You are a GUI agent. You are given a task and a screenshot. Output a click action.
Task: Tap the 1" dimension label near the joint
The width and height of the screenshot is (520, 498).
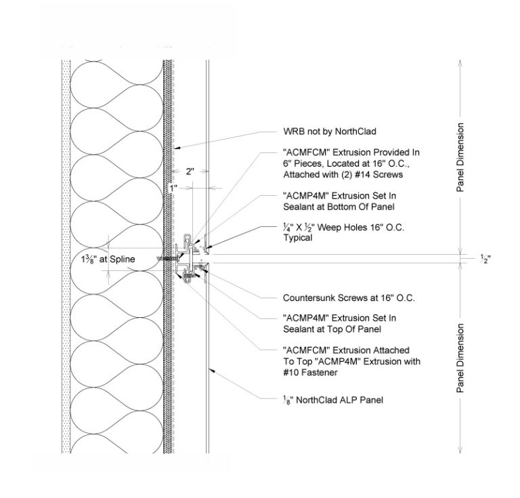tap(173, 188)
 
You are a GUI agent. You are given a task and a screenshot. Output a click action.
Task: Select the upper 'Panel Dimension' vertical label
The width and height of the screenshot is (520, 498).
tap(460, 157)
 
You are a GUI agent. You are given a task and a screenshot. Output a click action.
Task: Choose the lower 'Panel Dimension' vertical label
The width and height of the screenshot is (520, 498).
tap(460, 358)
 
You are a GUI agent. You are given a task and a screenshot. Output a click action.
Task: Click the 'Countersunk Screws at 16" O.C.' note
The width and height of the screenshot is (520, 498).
tap(349, 298)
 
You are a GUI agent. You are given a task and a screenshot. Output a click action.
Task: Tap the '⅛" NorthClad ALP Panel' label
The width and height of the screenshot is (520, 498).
tap(332, 400)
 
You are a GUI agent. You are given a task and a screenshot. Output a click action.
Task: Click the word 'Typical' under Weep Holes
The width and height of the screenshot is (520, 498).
tap(297, 238)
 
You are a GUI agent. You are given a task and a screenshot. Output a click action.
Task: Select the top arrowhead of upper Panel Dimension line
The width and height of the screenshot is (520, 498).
tap(460, 62)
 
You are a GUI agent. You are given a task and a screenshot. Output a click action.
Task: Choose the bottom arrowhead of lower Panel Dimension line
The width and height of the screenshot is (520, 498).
tap(460, 452)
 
